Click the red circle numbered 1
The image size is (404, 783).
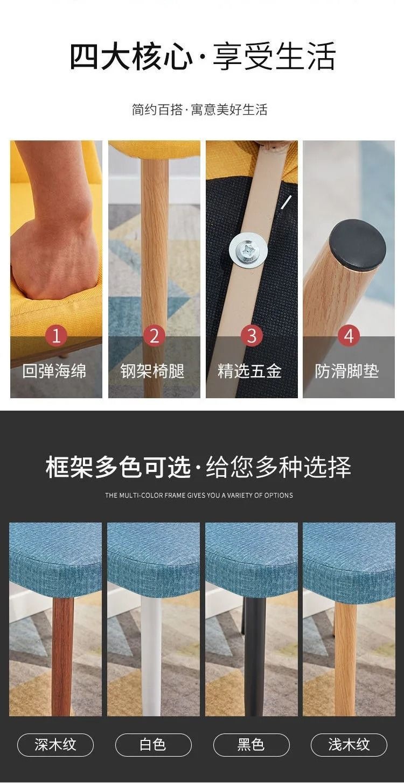56,335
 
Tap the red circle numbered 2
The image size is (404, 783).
154,335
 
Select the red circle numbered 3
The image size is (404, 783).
252,335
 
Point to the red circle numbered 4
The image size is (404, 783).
349,335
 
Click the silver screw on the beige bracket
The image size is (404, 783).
248,250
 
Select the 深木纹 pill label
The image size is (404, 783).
55,744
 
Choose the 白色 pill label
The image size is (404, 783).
153,744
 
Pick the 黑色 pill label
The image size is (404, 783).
251,744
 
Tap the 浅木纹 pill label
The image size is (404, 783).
349,744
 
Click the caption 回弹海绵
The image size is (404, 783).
54,371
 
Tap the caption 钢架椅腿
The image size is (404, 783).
152,371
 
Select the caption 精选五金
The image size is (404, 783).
249,371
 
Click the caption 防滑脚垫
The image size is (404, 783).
347,371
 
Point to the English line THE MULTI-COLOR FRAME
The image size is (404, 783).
199,495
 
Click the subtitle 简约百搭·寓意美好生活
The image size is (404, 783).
200,109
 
